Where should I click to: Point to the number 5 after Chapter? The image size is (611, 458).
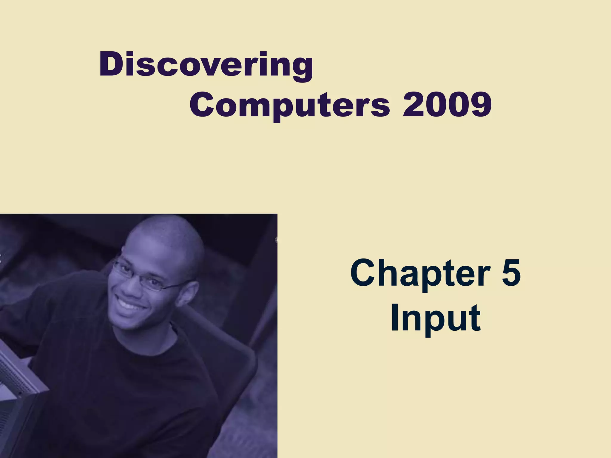click(511, 273)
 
